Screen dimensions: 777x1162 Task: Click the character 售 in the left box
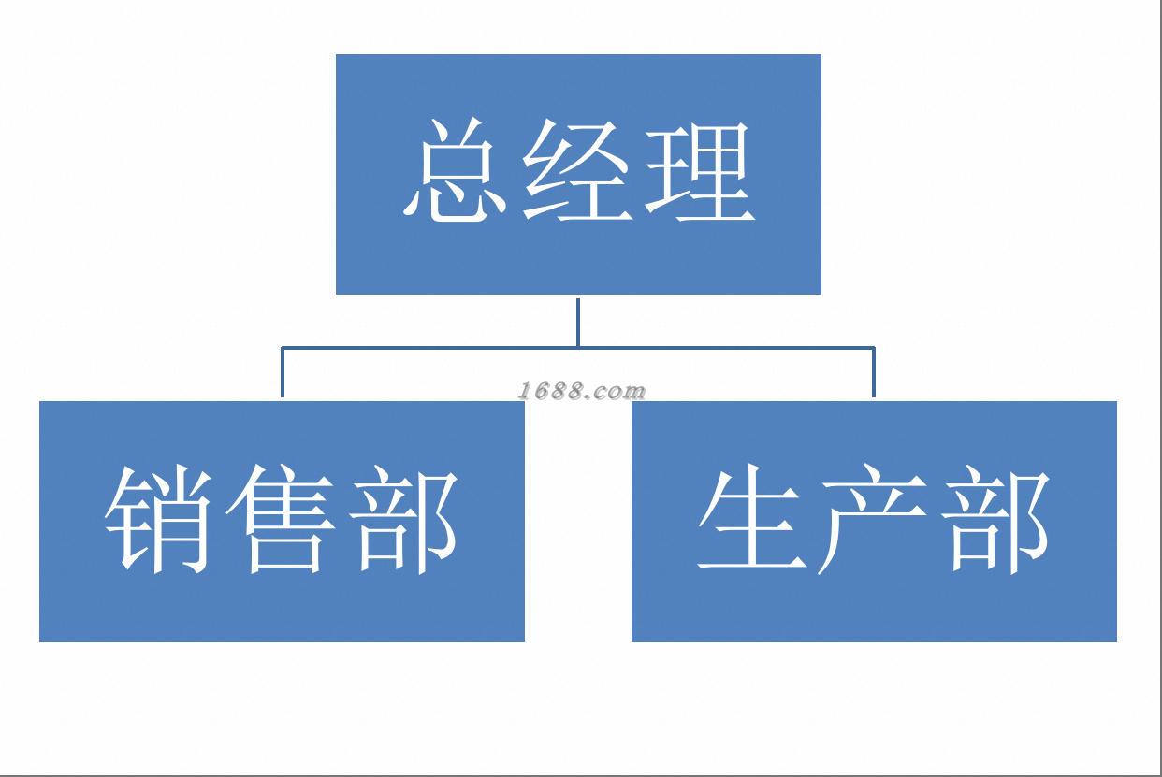tap(281, 521)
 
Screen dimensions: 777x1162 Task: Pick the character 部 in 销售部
tap(406, 521)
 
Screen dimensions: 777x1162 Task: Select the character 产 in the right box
tap(874, 521)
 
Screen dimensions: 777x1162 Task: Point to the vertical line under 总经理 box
tap(578, 322)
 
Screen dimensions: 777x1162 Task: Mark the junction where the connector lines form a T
tap(578, 348)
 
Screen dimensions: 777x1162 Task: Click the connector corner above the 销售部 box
tap(283, 349)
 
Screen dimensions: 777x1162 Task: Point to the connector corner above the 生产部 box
tap(874, 349)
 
